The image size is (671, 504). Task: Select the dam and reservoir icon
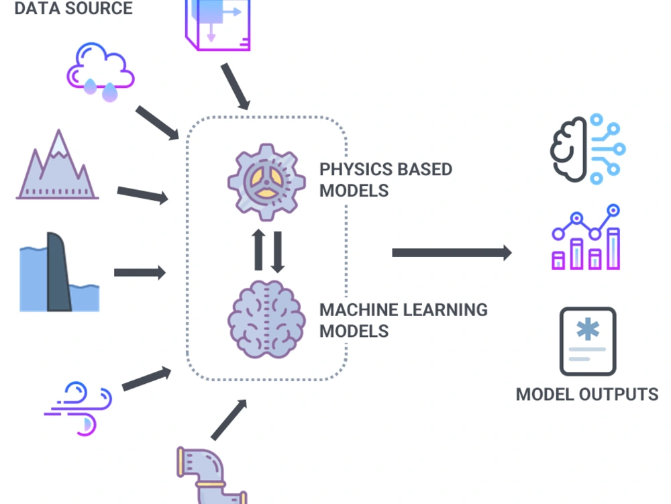click(59, 273)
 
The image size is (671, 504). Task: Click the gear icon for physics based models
click(267, 182)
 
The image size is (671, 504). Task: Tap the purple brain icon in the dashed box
click(267, 315)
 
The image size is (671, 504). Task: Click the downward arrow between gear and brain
click(277, 251)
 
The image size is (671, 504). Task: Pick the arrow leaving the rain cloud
click(158, 123)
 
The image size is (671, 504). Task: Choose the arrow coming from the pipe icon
click(229, 419)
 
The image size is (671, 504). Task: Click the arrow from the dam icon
click(140, 272)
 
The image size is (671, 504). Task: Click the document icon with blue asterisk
click(588, 342)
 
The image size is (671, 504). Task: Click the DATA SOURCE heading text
click(74, 9)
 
